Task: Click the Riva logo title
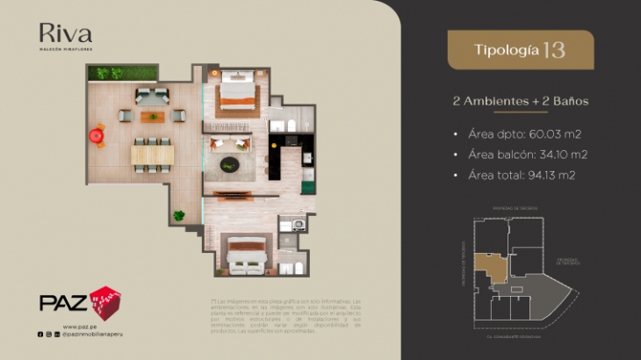[66, 34]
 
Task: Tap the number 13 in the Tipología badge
[554, 49]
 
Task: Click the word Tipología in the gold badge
[507, 50]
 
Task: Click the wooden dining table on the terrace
[153, 155]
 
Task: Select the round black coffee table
[229, 163]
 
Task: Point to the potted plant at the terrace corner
[179, 215]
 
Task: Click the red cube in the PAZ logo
[105, 300]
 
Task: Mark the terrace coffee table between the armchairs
[152, 114]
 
